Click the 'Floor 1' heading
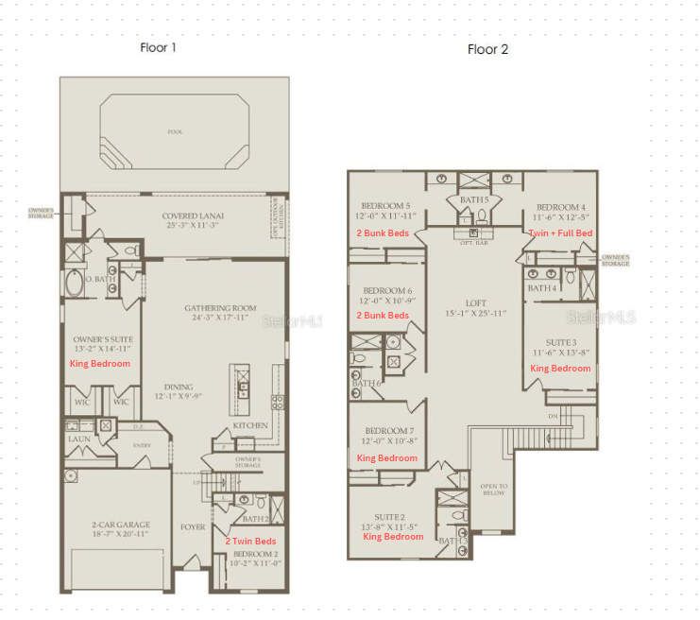pos(158,46)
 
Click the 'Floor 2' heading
pos(487,49)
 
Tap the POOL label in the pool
pos(173,131)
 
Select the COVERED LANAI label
pos(193,216)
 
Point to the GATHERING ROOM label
pos(220,308)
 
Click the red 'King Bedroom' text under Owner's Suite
pos(100,363)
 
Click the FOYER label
pos(193,526)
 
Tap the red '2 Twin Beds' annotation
pos(250,540)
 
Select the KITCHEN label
pos(250,426)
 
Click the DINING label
pos(179,387)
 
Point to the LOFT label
pos(474,305)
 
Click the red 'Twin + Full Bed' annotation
pos(561,232)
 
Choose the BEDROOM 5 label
pos(385,206)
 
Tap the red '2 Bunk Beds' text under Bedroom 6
pos(383,315)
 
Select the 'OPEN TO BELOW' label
pos(495,491)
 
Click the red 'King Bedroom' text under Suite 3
pos(560,368)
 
